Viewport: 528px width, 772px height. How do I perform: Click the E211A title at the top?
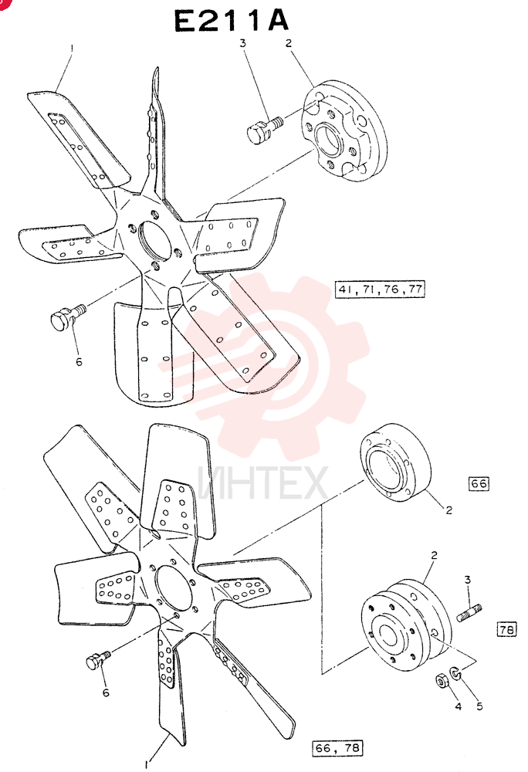pyautogui.click(x=232, y=21)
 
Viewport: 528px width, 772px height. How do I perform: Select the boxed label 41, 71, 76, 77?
pyautogui.click(x=380, y=289)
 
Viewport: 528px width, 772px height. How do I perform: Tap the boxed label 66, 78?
pyautogui.click(x=337, y=748)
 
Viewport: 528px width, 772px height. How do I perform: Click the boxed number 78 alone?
pyautogui.click(x=507, y=629)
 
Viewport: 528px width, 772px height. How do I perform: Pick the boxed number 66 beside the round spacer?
pyautogui.click(x=479, y=483)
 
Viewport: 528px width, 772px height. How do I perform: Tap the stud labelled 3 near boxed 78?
pyautogui.click(x=469, y=613)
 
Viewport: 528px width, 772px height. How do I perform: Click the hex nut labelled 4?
pyautogui.click(x=441, y=681)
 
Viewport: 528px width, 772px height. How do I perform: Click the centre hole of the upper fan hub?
pyautogui.click(x=155, y=241)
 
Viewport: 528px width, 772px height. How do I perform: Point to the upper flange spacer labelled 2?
pyautogui.click(x=344, y=131)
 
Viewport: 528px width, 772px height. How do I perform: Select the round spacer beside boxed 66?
pyautogui.click(x=395, y=462)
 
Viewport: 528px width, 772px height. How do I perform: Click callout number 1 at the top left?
pyautogui.click(x=72, y=48)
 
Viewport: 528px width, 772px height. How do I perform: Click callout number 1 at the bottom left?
pyautogui.click(x=146, y=764)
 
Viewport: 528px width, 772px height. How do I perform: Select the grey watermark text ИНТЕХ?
pyautogui.click(x=263, y=483)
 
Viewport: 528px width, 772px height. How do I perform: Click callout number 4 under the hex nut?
pyautogui.click(x=458, y=706)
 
